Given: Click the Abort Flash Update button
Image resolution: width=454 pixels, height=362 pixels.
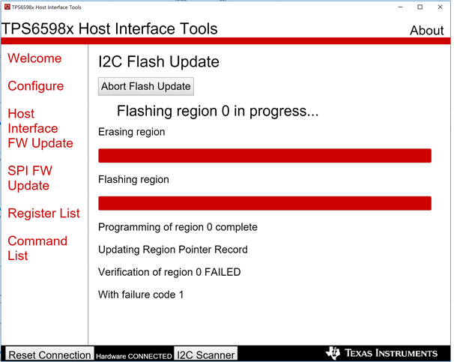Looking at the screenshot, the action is click(x=146, y=86).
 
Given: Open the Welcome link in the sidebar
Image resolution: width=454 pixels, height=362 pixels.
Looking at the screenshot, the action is click(x=34, y=58).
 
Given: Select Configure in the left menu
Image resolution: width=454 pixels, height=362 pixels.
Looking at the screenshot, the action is click(x=36, y=86).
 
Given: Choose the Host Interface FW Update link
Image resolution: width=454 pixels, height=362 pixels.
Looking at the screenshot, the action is click(x=40, y=128).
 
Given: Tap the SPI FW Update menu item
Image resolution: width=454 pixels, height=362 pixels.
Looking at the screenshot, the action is click(x=30, y=178).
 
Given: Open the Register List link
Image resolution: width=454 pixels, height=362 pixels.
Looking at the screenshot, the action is click(x=43, y=213).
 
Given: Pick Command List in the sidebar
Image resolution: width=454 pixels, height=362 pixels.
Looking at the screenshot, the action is click(x=37, y=248).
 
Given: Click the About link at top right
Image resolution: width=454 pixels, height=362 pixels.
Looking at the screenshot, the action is click(x=427, y=31).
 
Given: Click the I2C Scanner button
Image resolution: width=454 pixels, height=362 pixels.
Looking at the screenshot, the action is click(x=205, y=355).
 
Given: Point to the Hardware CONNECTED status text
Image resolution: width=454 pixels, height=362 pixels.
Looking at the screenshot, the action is click(x=134, y=356).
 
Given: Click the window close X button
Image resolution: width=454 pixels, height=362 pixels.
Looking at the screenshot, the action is click(x=440, y=7).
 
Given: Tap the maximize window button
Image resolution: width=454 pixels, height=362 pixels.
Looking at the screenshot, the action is click(x=420, y=7).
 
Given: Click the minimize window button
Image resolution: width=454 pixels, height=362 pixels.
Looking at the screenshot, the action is click(x=401, y=7).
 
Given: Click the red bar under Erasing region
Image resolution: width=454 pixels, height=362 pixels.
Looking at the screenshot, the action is click(x=264, y=156).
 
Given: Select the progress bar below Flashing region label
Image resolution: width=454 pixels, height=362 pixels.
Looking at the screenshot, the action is click(x=264, y=203).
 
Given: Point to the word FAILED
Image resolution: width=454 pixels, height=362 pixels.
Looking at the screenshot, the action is click(x=223, y=272).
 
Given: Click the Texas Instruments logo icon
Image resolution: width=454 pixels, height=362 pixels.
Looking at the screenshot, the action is click(x=333, y=353).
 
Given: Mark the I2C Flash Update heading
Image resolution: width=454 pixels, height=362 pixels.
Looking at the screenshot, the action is click(x=159, y=61).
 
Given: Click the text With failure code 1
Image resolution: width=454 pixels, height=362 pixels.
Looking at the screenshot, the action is click(x=141, y=295).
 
